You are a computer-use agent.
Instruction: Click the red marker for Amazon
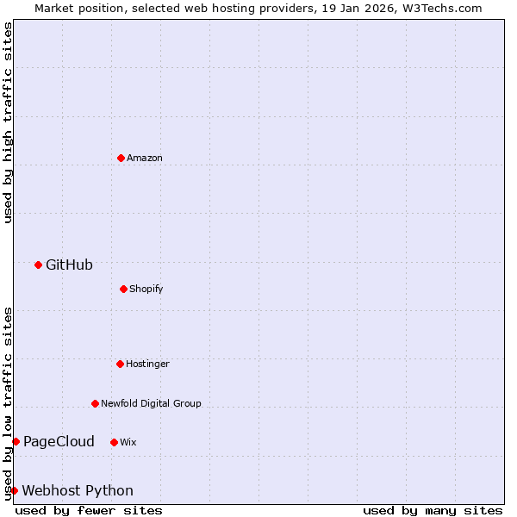(x=121, y=158)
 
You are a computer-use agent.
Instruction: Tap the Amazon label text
(x=145, y=159)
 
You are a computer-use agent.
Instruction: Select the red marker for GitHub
(x=38, y=265)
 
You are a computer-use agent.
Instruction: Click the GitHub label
(x=69, y=265)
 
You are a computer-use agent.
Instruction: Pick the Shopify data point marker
(x=123, y=289)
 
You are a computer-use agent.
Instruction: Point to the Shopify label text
(x=146, y=290)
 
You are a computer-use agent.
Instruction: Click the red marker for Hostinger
(x=120, y=364)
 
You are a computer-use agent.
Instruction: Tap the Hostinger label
(x=147, y=364)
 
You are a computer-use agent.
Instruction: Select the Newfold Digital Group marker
(x=95, y=403)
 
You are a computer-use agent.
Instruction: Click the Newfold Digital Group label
(x=151, y=404)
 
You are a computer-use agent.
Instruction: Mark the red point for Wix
(x=114, y=442)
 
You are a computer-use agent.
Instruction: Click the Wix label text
(x=128, y=443)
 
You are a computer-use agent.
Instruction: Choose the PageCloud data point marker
(x=16, y=441)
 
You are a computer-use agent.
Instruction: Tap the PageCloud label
(x=59, y=442)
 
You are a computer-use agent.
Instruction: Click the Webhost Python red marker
(x=14, y=490)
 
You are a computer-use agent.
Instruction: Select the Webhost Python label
(x=78, y=491)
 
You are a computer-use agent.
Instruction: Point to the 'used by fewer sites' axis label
(x=89, y=510)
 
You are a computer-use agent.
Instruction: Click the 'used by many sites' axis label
(x=433, y=510)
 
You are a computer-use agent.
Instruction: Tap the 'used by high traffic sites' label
(x=9, y=122)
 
